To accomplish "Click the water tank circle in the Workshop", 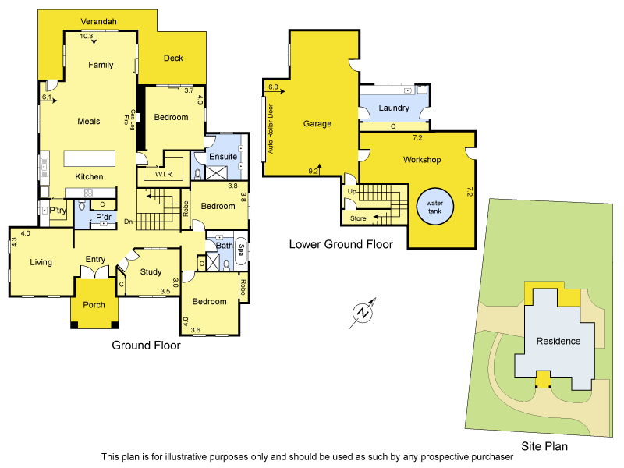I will tap(434, 208).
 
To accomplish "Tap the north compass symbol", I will tap(363, 312).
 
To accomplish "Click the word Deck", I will tap(172, 58).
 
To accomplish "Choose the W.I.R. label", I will tap(163, 174).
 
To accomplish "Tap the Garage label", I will tap(317, 124).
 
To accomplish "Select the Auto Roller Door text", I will tap(271, 130).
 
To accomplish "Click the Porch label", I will tap(94, 305).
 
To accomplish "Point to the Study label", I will tap(151, 272).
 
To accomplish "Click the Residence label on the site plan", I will tap(558, 341).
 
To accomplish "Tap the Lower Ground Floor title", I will tap(341, 244).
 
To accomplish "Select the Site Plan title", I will tap(545, 447).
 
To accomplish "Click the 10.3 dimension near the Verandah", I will tap(86, 36).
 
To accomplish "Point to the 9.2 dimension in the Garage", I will tap(315, 171).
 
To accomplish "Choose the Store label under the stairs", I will tap(358, 218).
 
